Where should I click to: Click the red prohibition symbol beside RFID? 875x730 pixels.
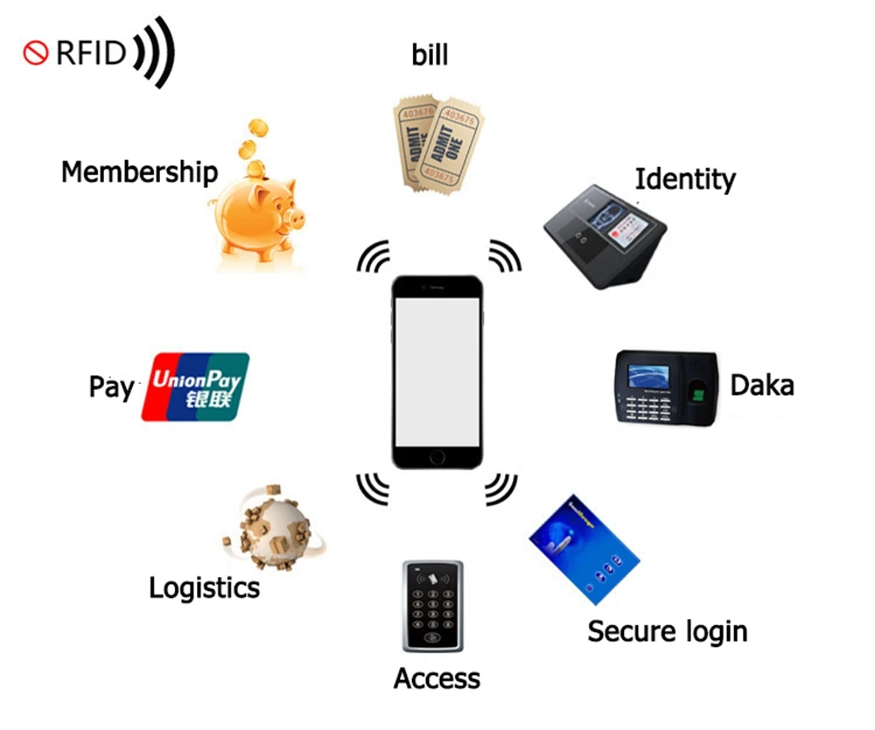pyautogui.click(x=34, y=53)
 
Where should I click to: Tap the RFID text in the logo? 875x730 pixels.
pyautogui.click(x=91, y=53)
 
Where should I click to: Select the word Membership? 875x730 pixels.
pyautogui.click(x=139, y=171)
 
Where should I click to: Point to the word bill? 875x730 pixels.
pyautogui.click(x=430, y=55)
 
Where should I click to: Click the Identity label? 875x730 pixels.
pyautogui.click(x=684, y=179)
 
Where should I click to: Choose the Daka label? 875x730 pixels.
pyautogui.click(x=761, y=384)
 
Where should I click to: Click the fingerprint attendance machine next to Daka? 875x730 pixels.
pyautogui.click(x=666, y=386)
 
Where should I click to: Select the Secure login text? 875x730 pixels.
pyautogui.click(x=667, y=630)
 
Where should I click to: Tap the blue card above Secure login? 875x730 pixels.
pyautogui.click(x=584, y=548)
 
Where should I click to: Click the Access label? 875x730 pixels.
pyautogui.click(x=437, y=678)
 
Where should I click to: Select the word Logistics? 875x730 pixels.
pyautogui.click(x=204, y=587)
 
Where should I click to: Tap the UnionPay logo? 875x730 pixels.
pyautogui.click(x=195, y=386)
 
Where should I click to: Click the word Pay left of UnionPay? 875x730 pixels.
pyautogui.click(x=111, y=386)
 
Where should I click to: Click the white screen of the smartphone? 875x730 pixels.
pyautogui.click(x=437, y=372)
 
